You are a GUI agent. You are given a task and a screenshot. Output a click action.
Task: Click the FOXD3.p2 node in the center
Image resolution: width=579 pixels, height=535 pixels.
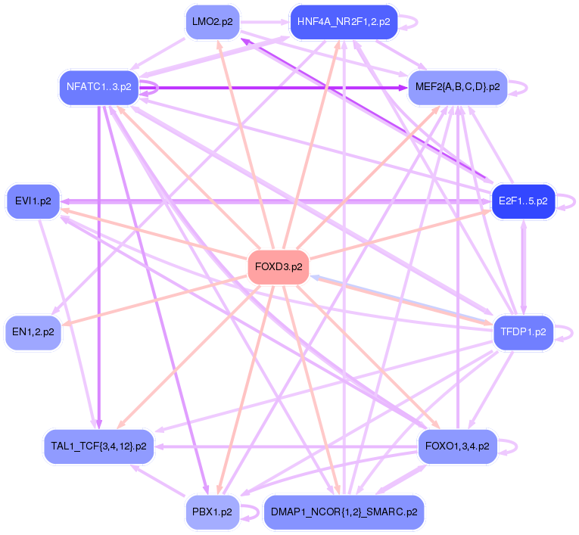click(279, 267)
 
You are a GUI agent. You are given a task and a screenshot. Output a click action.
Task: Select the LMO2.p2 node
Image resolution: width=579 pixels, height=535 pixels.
click(212, 22)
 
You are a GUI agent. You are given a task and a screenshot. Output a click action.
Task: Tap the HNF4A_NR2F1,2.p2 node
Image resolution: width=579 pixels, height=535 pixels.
click(343, 22)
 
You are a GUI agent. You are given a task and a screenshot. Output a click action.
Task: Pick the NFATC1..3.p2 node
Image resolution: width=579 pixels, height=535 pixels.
click(99, 86)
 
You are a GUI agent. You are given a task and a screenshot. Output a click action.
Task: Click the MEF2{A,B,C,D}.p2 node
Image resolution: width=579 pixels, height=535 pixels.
click(457, 87)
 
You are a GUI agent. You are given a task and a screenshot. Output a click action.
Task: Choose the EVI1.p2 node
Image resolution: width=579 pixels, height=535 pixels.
click(33, 201)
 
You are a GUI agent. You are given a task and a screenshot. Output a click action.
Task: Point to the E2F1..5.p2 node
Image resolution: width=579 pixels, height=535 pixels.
click(523, 201)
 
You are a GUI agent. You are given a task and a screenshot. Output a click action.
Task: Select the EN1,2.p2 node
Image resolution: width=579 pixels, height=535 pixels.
click(33, 331)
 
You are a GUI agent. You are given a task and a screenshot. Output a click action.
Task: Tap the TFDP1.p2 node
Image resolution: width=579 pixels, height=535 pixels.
click(523, 331)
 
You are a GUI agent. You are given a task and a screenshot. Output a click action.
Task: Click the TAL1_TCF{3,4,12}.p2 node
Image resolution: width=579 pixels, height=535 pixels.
click(99, 446)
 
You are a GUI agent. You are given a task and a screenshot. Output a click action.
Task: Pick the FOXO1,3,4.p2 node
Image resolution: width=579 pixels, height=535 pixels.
click(457, 446)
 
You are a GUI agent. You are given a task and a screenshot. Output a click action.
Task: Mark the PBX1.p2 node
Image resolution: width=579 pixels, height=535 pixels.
click(212, 512)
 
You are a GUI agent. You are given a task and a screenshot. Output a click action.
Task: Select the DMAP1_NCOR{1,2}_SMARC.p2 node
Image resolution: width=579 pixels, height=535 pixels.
click(343, 512)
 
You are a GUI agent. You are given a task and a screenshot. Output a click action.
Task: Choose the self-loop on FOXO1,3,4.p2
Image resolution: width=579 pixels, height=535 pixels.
click(516, 446)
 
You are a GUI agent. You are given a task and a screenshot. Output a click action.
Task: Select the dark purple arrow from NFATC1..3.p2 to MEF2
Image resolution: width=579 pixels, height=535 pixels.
click(280, 88)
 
